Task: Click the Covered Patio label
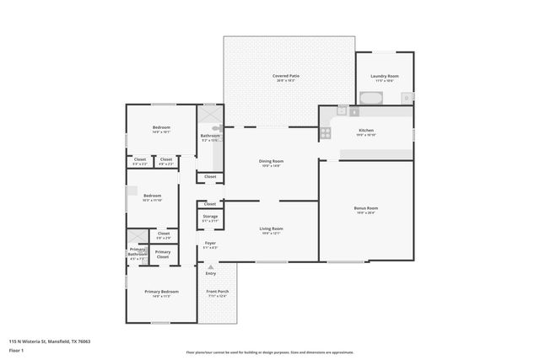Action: [x=286, y=77]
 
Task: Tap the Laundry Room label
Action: [x=384, y=77]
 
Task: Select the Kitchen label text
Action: [x=365, y=131]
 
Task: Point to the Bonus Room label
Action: [x=365, y=208]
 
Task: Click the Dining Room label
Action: [x=271, y=162]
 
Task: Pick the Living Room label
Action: [x=271, y=229]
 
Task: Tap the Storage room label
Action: [x=210, y=218]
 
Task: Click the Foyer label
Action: [x=210, y=244]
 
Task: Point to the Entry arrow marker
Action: [x=210, y=267]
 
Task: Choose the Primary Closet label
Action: [x=163, y=253]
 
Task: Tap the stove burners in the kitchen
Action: [x=324, y=132]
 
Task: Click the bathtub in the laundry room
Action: [x=372, y=98]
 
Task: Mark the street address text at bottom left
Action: [x=49, y=341]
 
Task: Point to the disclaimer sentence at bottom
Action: [x=270, y=352]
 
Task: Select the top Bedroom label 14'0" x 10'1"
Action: [x=161, y=130]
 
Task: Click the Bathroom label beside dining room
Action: [x=210, y=137]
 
